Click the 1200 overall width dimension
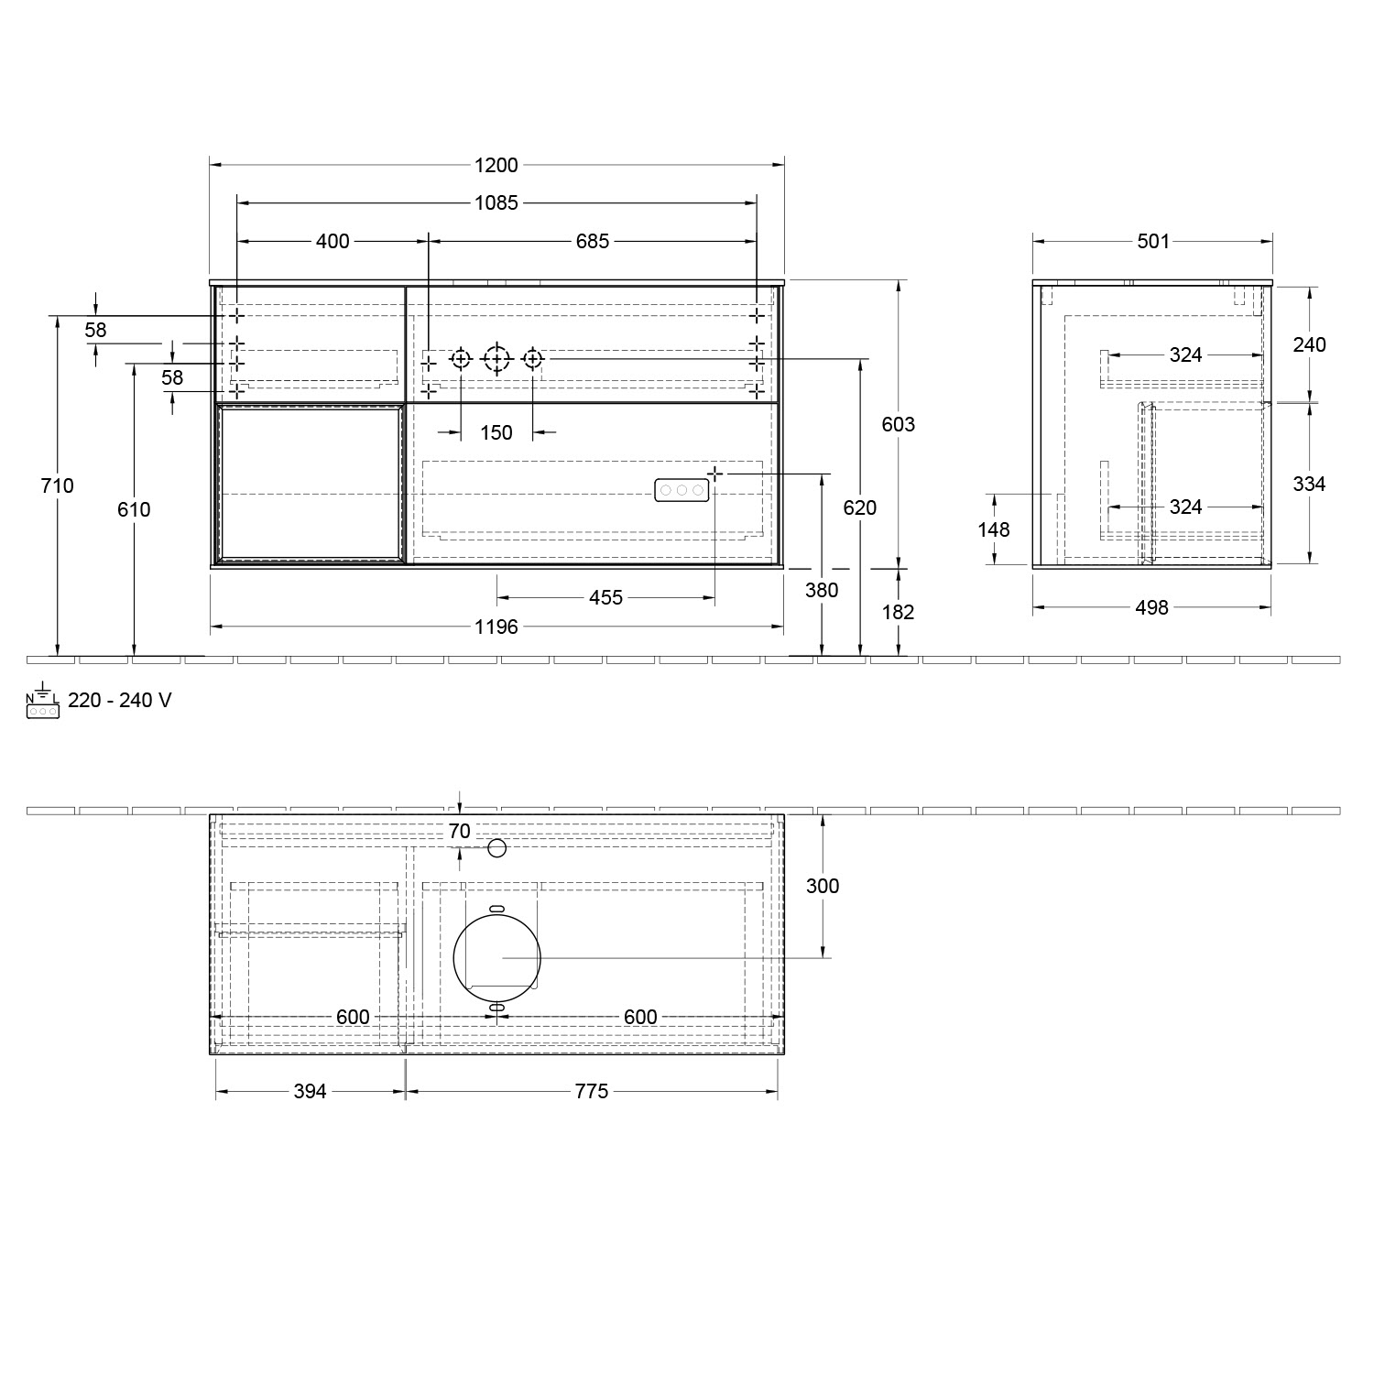[x=496, y=166]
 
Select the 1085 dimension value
[x=496, y=203]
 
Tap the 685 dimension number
[x=593, y=241]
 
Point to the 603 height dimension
[x=898, y=424]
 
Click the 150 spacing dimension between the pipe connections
[x=496, y=432]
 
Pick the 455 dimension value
[x=605, y=598]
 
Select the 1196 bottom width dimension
[x=496, y=627]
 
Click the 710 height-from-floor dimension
[x=58, y=485]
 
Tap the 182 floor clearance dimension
[x=898, y=612]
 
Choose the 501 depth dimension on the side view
[x=1153, y=241]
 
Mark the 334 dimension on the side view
[x=1309, y=484]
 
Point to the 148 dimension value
[x=994, y=529]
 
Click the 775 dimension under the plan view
[x=592, y=1092]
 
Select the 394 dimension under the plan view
[x=310, y=1092]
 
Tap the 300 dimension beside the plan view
[x=823, y=886]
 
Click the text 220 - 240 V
[x=119, y=701]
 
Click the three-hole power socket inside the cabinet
[x=681, y=491]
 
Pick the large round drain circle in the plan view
[x=497, y=958]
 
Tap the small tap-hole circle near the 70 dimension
[x=497, y=848]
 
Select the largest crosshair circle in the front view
[x=496, y=359]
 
